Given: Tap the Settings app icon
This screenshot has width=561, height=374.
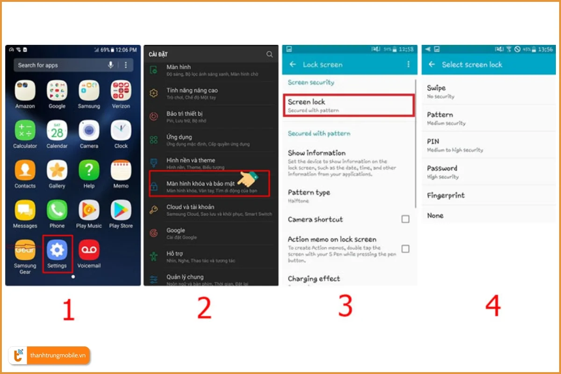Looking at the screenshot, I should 57,251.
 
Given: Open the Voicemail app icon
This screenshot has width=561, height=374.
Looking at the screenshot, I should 89,251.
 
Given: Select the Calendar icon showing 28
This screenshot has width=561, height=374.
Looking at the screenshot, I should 57,131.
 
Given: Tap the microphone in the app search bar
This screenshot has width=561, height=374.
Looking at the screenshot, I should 111,65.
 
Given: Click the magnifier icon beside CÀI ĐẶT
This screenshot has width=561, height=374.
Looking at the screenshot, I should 269,54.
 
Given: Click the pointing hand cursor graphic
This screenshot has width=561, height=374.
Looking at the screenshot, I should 248,180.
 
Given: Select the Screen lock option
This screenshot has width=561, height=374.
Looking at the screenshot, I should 349,105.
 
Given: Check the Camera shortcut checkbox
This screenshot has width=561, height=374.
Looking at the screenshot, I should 405,219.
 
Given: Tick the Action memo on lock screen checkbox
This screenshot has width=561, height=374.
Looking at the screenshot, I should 405,249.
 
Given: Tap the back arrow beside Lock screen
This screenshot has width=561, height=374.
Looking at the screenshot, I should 293,65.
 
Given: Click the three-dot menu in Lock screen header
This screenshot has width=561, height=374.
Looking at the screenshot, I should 408,65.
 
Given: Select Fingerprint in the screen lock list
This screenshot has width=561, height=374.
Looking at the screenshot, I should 446,195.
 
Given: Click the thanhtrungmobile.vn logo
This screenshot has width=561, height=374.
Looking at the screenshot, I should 50,356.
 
